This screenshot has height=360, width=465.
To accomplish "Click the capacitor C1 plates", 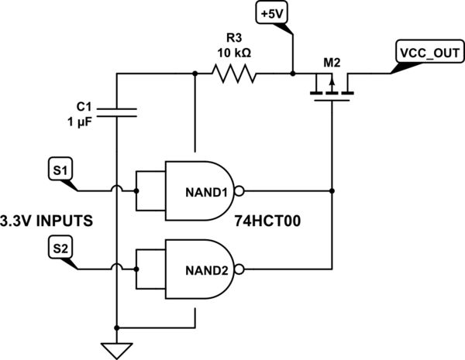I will (116, 113).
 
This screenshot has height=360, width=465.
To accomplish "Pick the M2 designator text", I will (330, 60).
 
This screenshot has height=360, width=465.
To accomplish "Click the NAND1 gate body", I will (198, 190).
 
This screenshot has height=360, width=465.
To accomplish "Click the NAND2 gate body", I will (198, 269).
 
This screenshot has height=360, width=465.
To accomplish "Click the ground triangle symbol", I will (116, 349).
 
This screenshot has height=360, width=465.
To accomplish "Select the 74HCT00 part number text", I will (268, 221).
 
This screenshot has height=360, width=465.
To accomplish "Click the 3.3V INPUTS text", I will (47, 221).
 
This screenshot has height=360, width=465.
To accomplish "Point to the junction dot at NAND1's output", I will (331, 190).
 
